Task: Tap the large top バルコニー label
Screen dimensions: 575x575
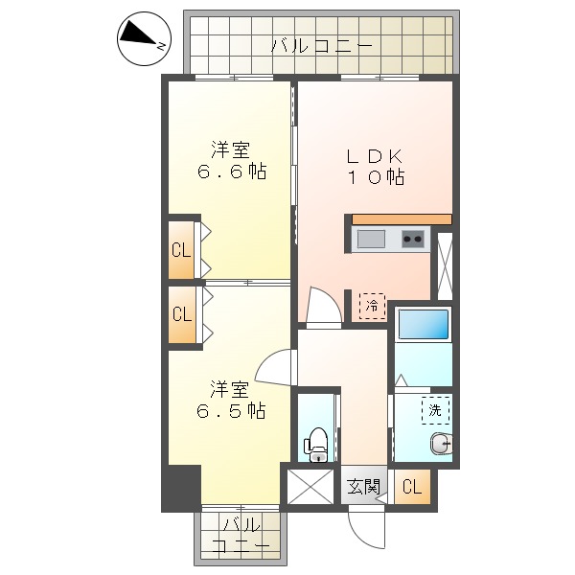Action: [321, 44]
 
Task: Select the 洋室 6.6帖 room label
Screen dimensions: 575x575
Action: [231, 161]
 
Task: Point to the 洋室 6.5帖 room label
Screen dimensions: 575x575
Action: [231, 400]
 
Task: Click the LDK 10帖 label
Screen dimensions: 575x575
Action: [374, 166]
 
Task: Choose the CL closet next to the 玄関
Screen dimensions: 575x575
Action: [411, 487]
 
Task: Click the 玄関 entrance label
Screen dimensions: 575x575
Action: [363, 487]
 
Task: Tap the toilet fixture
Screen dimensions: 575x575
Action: [316, 442]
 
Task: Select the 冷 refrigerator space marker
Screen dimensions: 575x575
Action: [372, 307]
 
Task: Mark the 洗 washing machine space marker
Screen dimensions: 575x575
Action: [435, 410]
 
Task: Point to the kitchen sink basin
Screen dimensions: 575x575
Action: [371, 239]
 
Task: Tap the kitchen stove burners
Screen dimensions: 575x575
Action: [413, 239]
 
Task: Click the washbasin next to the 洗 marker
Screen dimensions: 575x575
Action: [442, 444]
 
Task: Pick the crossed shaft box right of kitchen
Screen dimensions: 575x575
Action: [445, 264]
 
